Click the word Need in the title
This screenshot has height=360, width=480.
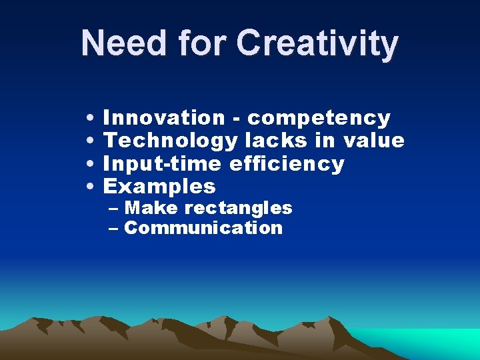(124, 43)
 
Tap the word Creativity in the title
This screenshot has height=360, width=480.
(317, 44)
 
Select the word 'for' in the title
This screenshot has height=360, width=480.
(201, 43)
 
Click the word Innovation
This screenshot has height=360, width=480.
(165, 118)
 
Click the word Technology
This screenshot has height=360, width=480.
(171, 141)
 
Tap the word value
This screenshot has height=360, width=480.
(373, 141)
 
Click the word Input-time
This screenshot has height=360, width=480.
(164, 164)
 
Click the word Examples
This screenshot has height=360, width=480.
(160, 187)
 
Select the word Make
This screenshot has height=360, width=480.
(151, 208)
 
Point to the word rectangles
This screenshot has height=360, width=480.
(238, 209)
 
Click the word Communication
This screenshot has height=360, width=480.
(203, 228)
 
